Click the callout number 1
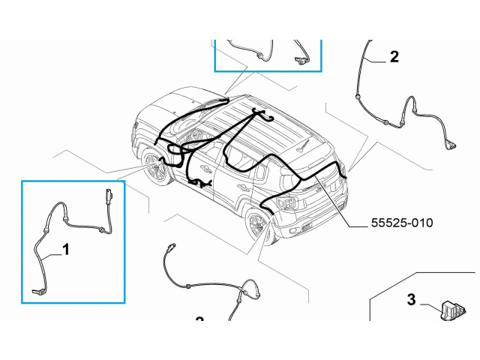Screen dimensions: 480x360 pyautogui.click(x=66, y=250)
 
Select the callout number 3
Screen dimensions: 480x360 pyautogui.click(x=412, y=299)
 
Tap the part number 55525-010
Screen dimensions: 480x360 pyautogui.click(x=402, y=223)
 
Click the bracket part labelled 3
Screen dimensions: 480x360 pyautogui.click(x=453, y=310)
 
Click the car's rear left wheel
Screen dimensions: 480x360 pyautogui.click(x=259, y=224)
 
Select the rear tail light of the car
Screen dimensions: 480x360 pyautogui.click(x=287, y=202)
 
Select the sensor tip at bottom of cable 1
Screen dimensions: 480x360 pyautogui.click(x=37, y=291)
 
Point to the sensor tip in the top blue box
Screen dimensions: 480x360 pyautogui.click(x=300, y=60)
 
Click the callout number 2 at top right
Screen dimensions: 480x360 pyautogui.click(x=394, y=57)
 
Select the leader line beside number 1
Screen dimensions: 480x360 pyautogui.click(x=52, y=256)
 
